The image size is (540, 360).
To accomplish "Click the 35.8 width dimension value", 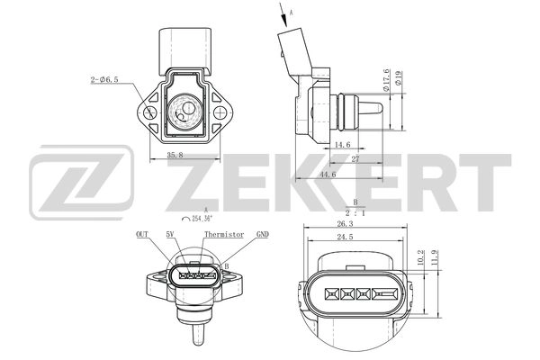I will [x=175, y=155].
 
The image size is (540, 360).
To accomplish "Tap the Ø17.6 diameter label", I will [x=386, y=82].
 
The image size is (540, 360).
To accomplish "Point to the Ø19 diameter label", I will [x=400, y=82].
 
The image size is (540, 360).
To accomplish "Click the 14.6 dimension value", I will [x=342, y=144].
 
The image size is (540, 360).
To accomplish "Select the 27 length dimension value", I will [x=356, y=159].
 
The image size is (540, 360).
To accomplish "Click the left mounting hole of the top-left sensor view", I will [x=143, y=112].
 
